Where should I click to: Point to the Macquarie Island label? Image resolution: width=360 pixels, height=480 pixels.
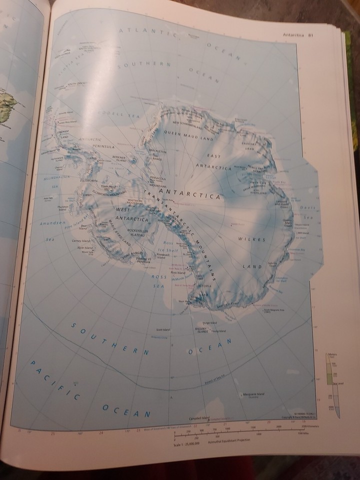click(x=252, y=395)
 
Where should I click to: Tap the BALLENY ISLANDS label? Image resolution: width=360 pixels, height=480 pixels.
click(x=201, y=330)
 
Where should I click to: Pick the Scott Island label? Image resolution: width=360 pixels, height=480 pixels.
click(x=163, y=329)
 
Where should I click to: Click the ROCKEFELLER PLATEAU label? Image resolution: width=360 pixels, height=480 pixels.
click(x=127, y=232)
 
